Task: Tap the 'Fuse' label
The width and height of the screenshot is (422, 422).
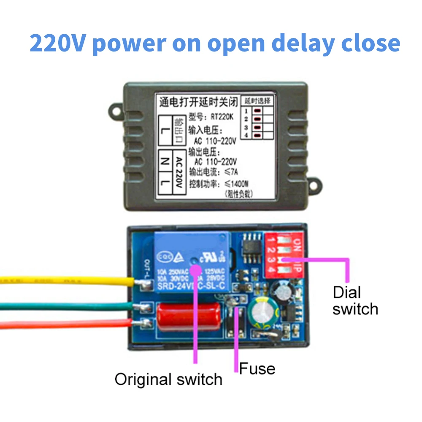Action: tap(257, 368)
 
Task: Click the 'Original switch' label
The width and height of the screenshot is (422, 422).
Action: tap(168, 379)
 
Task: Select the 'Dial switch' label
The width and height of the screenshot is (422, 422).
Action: tap(355, 300)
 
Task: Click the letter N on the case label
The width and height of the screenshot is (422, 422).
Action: tap(166, 161)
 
